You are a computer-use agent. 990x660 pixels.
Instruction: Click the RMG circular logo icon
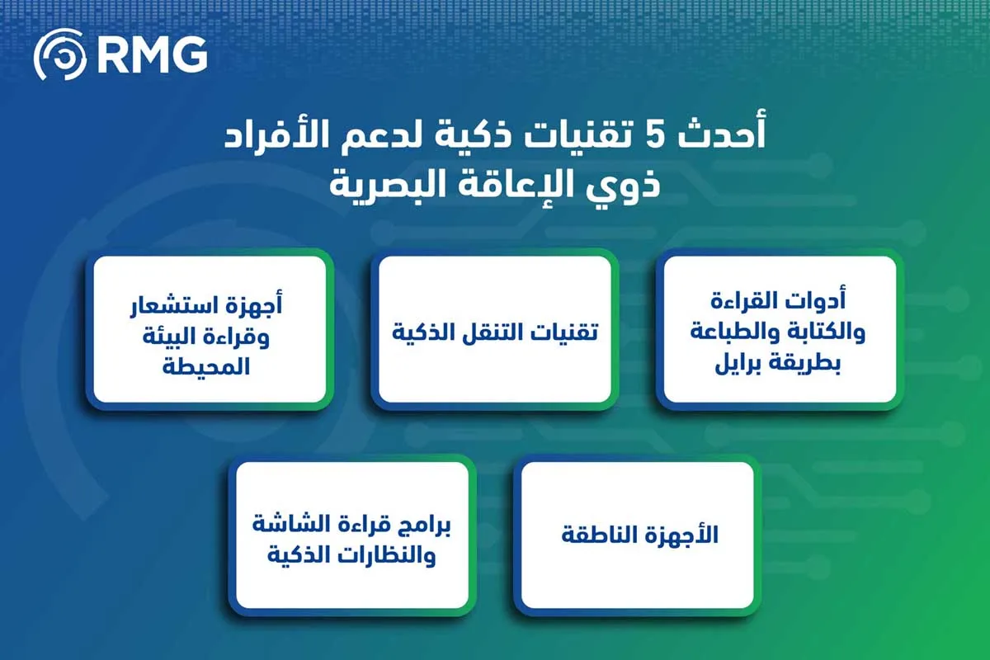click(59, 55)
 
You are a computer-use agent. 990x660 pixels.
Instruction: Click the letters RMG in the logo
click(152, 55)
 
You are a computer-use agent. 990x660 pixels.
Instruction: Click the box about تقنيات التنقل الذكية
click(494, 330)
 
